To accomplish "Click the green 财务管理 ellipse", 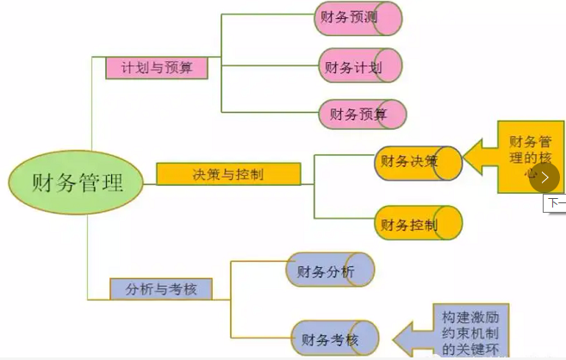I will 77,183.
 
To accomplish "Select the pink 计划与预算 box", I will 156,68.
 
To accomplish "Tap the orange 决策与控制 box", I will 228,174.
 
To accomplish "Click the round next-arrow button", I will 544,177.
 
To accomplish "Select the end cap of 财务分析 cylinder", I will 361,270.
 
